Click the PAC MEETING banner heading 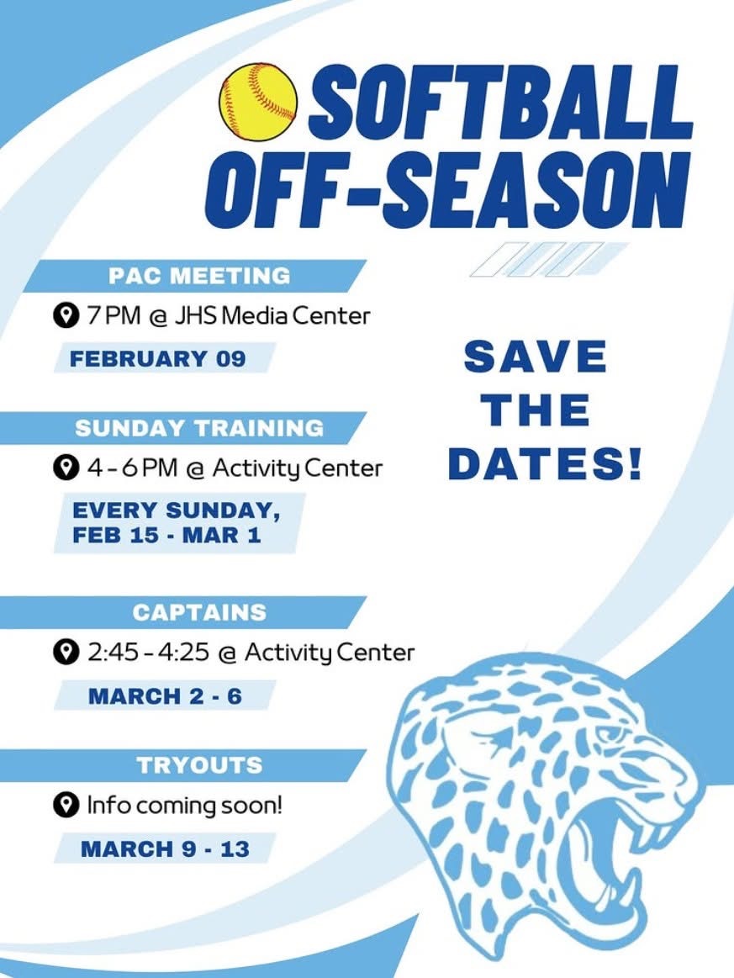pos(199,275)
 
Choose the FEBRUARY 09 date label pos(157,358)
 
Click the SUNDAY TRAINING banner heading pos(199,427)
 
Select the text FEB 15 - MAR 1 pos(166,536)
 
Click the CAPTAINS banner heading pos(199,611)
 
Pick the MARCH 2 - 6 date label pos(165,696)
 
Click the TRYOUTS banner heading pos(199,765)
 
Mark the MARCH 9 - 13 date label pos(165,848)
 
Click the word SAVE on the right pos(535,358)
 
